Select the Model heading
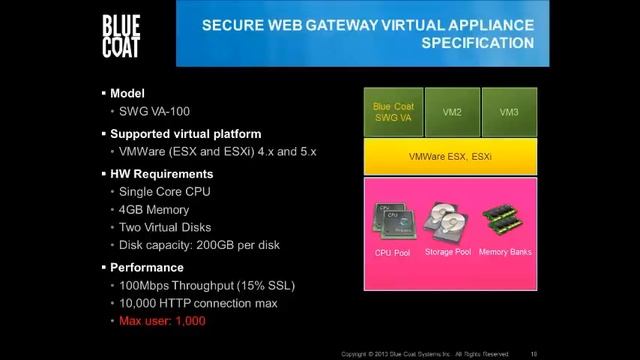(x=127, y=93)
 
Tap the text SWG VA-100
(x=152, y=112)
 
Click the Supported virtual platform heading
(x=185, y=133)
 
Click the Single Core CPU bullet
(x=164, y=191)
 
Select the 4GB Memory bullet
(x=155, y=210)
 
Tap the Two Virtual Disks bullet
(x=166, y=229)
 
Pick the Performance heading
(x=147, y=267)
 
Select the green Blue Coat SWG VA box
(x=394, y=112)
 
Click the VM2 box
(x=452, y=112)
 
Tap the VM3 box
(x=509, y=112)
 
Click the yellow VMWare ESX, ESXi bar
(x=450, y=157)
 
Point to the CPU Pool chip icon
(x=392, y=221)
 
